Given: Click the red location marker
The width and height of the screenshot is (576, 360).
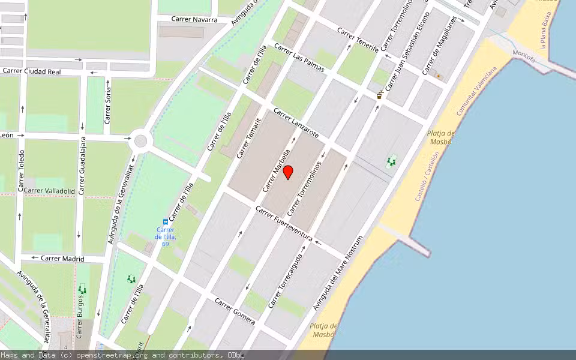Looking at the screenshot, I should (x=288, y=172).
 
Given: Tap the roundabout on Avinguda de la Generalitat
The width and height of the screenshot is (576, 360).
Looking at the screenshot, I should (x=140, y=141).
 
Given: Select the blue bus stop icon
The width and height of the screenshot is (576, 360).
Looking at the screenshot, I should (x=166, y=221).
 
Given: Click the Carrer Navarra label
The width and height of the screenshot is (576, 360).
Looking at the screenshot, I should (x=194, y=19).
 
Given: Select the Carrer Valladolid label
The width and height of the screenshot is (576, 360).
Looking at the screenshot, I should (x=50, y=191).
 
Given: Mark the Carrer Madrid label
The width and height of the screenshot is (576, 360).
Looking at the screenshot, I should (x=62, y=259).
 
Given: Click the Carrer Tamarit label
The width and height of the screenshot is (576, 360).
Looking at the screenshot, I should (x=248, y=138).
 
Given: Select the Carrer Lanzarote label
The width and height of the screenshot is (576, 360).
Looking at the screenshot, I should (x=296, y=122).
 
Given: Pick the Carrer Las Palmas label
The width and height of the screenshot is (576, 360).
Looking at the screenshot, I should (x=299, y=58).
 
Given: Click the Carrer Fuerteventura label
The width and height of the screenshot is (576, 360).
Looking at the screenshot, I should (x=284, y=224).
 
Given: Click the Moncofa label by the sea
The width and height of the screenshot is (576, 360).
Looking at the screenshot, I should (x=524, y=55).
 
